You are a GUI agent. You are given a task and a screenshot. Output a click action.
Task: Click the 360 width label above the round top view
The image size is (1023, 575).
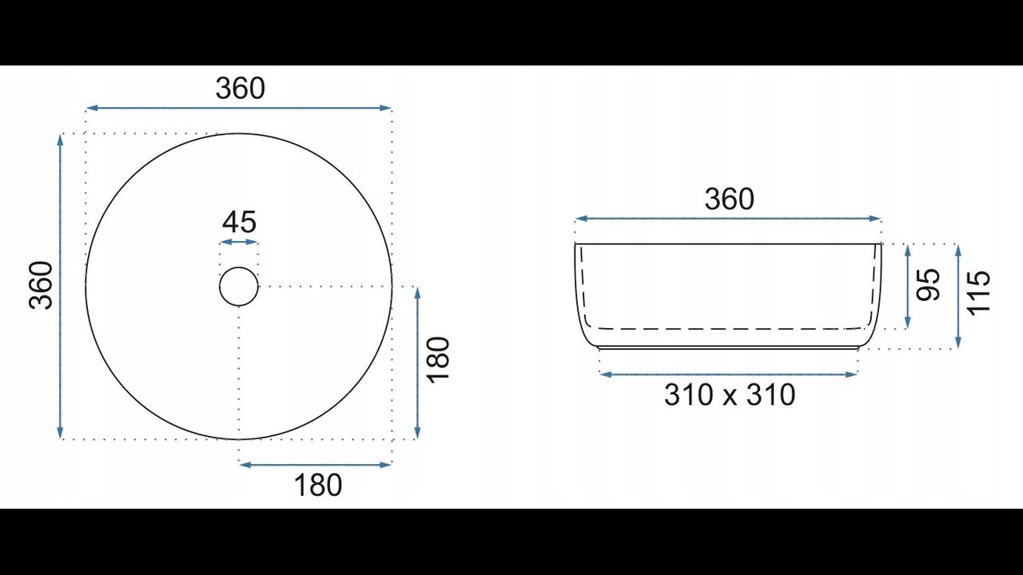coord(241,89)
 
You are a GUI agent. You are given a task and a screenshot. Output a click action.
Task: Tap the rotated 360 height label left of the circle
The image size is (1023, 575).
coord(41,286)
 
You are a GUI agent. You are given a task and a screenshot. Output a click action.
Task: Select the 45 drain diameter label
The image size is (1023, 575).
coord(239,222)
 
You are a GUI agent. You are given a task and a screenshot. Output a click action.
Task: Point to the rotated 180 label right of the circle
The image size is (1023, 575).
coord(438,359)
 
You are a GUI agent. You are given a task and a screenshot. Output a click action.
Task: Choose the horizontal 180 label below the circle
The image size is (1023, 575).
coord(318,485)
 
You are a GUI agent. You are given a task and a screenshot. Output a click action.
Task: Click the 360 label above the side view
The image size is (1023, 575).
coord(730,199)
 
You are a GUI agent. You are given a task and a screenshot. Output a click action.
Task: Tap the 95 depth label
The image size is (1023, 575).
coord(928,285)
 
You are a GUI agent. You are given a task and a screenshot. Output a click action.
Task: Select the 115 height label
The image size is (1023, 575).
coord(979,292)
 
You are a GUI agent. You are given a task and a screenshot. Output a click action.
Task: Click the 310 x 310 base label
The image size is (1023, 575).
coord(730,395)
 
